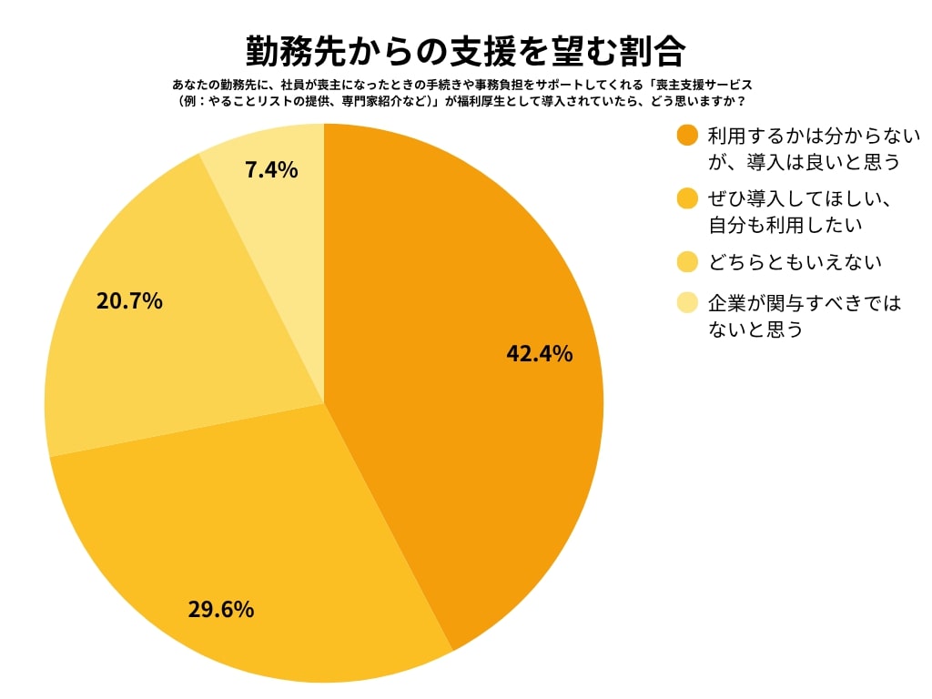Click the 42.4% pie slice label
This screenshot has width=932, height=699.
539,354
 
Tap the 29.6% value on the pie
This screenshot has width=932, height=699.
220,609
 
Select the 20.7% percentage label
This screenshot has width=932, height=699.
129,300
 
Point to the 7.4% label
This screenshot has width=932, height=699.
271,169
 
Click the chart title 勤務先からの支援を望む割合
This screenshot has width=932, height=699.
465,51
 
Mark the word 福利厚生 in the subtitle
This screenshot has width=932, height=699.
486,101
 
